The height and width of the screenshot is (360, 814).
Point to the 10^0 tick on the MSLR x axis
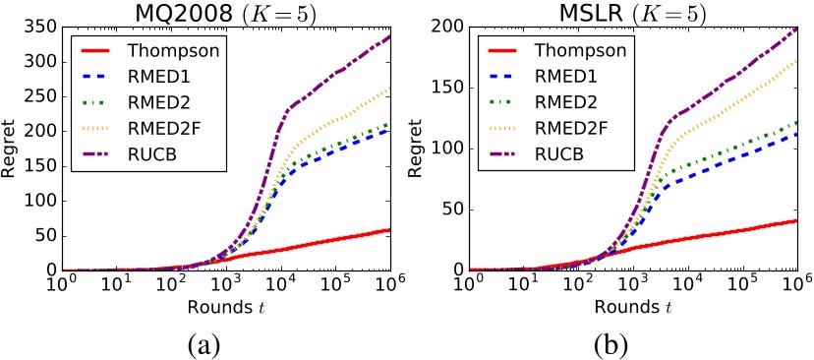(470, 285)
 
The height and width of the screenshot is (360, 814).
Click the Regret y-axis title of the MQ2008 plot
(11, 150)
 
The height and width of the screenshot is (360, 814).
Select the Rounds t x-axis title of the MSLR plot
(633, 307)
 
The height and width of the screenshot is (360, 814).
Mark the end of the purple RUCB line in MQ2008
(389, 37)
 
